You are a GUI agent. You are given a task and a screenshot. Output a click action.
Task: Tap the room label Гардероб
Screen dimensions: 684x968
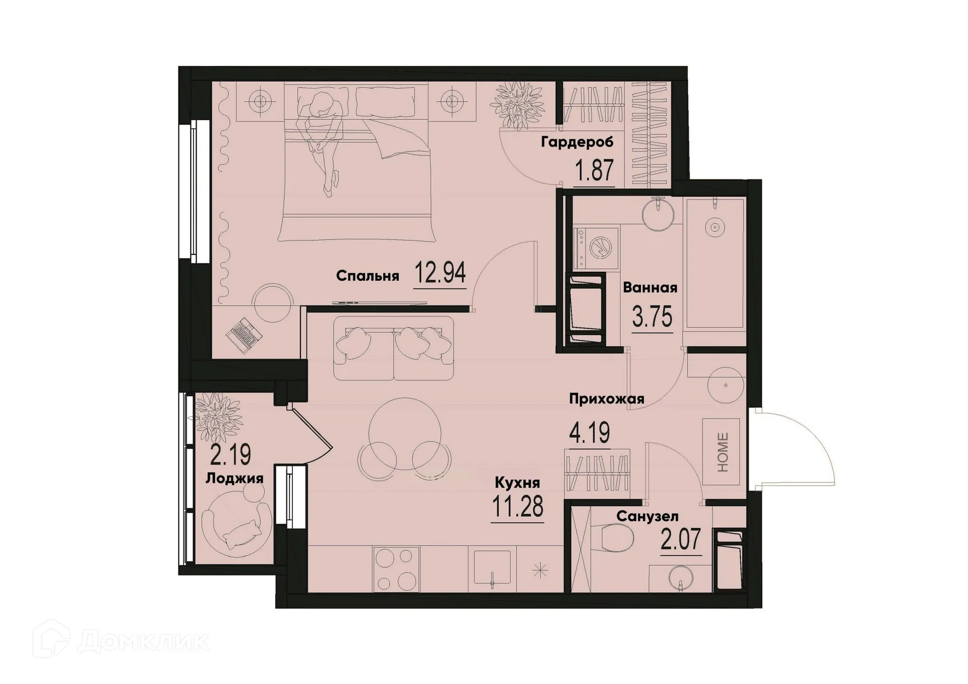577,142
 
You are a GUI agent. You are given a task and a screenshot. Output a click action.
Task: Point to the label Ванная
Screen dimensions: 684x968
650,288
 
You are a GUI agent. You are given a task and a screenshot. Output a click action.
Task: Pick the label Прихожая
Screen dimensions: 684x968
607,399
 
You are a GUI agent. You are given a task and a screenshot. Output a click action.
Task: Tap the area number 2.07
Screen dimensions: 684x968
681,540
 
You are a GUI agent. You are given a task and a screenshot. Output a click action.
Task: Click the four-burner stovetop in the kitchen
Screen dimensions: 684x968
396,569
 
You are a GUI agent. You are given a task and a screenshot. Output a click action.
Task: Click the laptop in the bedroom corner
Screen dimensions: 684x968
244,335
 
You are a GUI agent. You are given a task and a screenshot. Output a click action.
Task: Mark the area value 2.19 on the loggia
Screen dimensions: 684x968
230,455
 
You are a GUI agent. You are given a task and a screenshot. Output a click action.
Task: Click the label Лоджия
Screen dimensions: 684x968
234,478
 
